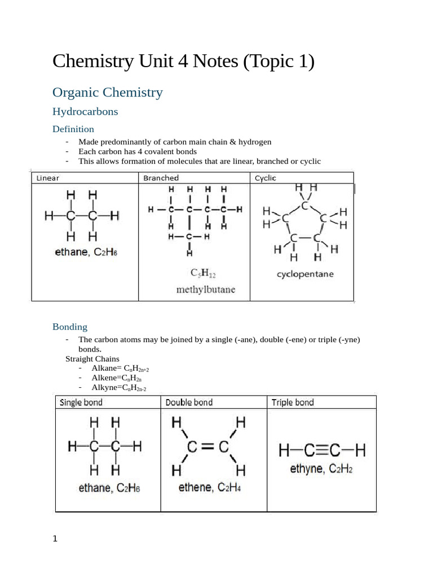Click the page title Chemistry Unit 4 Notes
[183, 61]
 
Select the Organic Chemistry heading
[108, 93]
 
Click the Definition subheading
[73, 129]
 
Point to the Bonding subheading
[70, 327]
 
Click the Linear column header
[48, 178]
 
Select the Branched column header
[161, 178]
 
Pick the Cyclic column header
[266, 178]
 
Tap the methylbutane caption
[206, 290]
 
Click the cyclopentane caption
[305, 274]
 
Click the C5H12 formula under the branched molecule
[203, 274]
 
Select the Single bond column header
[81, 402]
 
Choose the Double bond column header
[189, 402]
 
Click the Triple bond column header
[293, 402]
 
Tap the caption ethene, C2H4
[209, 487]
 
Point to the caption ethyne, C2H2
[321, 469]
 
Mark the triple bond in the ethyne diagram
[322, 450]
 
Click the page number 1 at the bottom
[55, 539]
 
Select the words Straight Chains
[92, 359]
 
